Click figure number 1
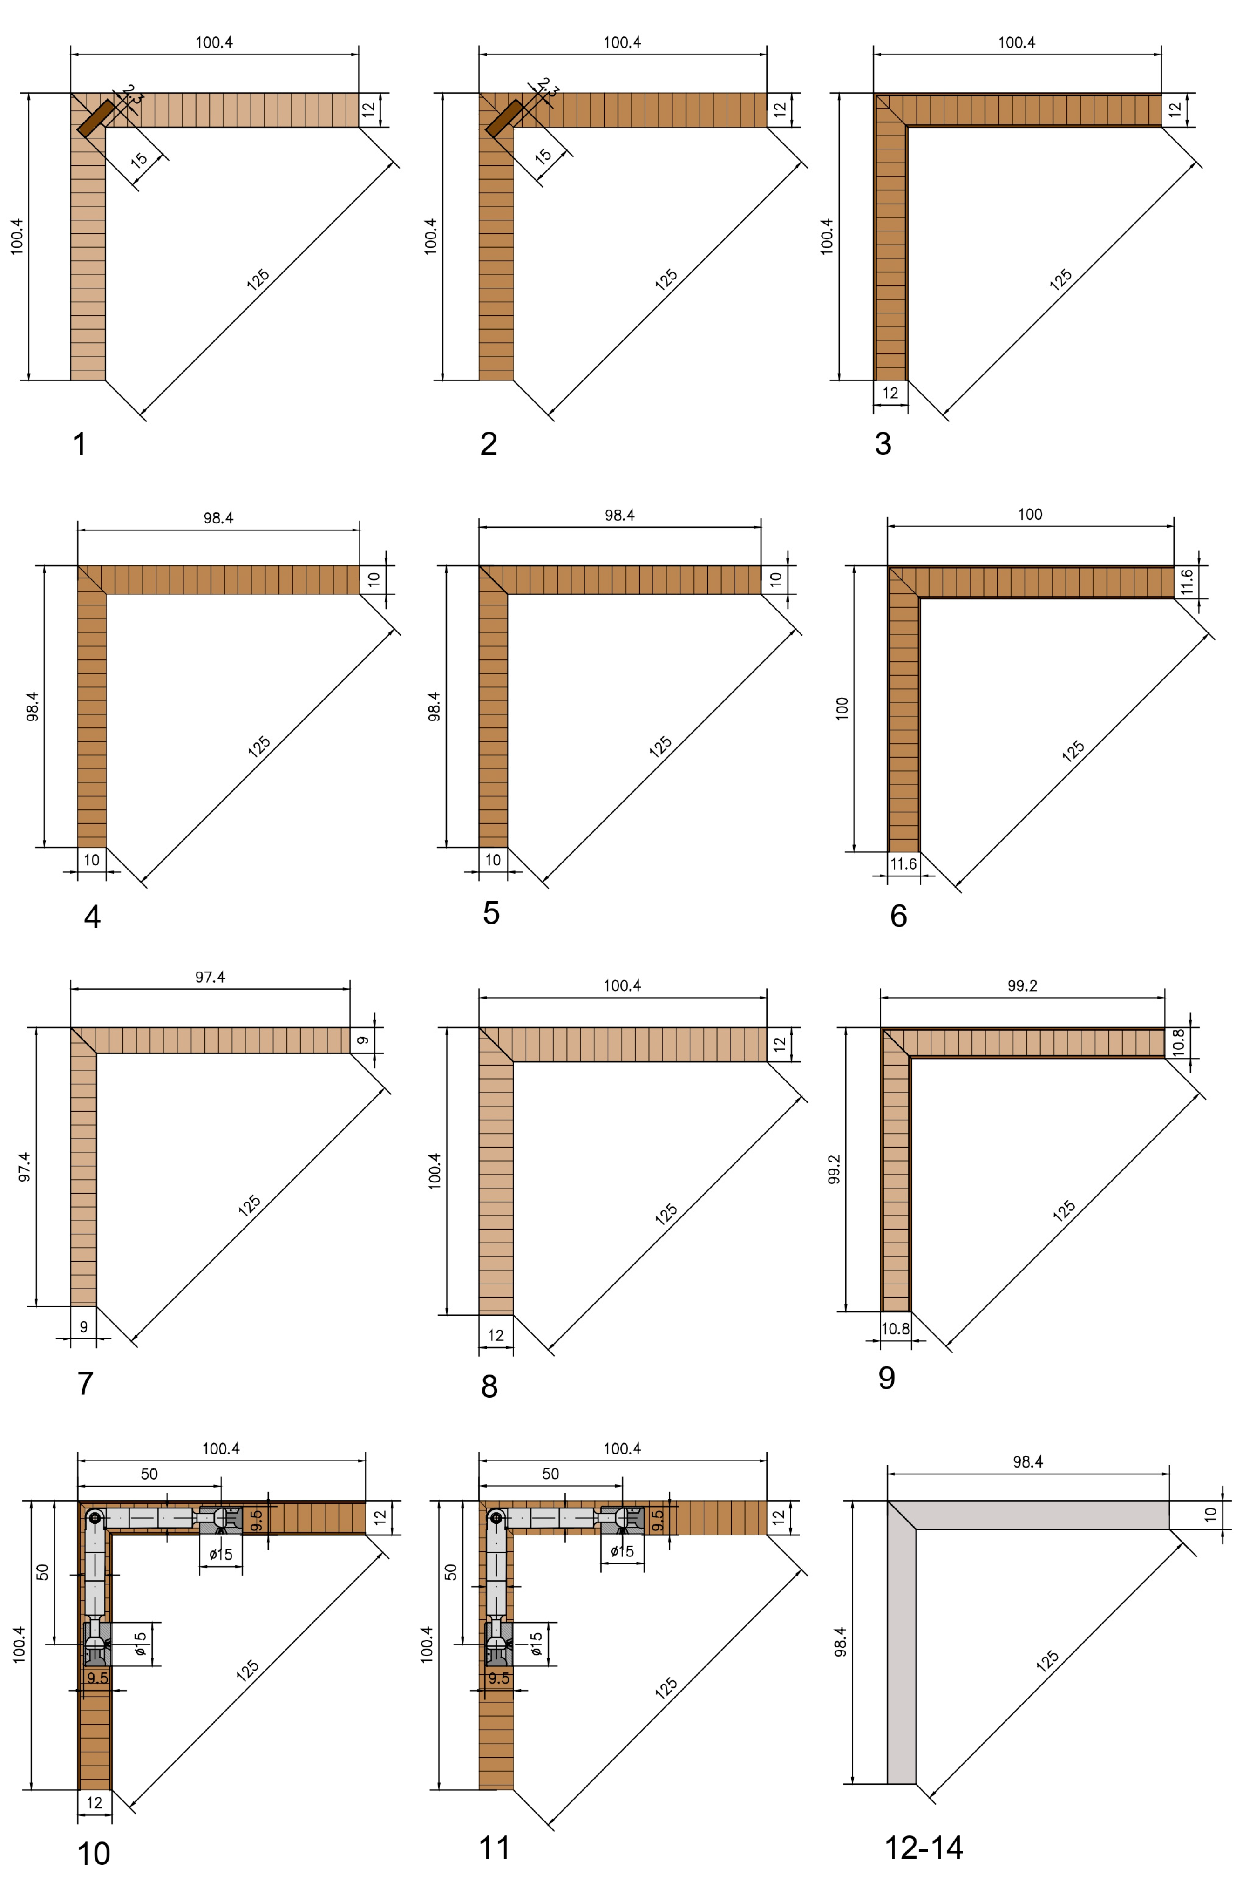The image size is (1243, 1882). tap(79, 444)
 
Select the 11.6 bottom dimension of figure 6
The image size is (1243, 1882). tap(903, 864)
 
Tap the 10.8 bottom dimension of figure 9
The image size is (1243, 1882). tap(895, 1329)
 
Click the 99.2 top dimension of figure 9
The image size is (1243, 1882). tap(1022, 985)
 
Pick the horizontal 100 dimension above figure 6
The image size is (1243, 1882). tap(1030, 515)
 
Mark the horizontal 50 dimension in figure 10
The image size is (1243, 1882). tap(149, 1474)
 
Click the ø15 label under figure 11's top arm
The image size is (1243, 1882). tap(622, 1550)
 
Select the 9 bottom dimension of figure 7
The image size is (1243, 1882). tap(83, 1327)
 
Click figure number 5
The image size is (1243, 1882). tap(491, 913)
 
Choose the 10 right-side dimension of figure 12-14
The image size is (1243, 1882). tap(1210, 1514)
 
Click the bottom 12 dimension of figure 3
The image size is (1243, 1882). tap(890, 393)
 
